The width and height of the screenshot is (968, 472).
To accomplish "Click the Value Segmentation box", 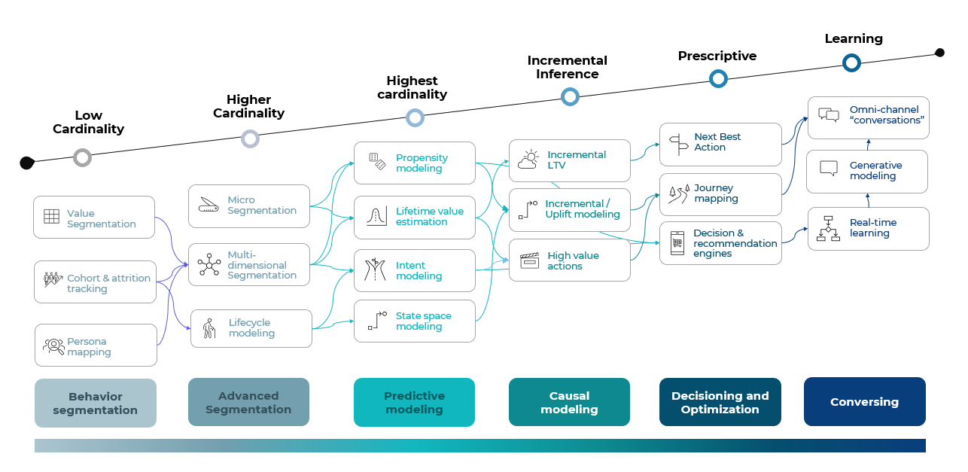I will click(94, 218).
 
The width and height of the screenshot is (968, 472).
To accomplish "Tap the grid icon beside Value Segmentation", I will click(51, 217).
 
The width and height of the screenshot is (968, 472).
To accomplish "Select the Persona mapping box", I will click(96, 346).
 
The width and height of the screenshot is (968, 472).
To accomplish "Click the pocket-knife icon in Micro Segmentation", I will click(209, 205).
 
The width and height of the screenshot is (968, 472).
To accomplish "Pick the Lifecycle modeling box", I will click(251, 328).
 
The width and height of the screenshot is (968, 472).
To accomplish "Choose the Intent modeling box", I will click(414, 270).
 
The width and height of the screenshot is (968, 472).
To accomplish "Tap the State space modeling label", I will click(423, 321).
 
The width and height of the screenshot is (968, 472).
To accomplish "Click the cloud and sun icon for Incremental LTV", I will click(528, 160).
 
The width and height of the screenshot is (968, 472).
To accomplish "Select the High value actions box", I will click(569, 260).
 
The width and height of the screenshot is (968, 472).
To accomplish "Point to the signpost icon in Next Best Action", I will click(678, 143).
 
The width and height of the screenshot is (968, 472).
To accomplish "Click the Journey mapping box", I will click(720, 194).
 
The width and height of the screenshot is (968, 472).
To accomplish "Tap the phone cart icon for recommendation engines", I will click(677, 242).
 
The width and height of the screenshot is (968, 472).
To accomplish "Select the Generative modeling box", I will click(866, 171).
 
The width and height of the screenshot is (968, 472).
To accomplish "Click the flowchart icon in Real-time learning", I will click(828, 228).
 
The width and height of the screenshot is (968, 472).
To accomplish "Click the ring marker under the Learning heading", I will click(851, 62).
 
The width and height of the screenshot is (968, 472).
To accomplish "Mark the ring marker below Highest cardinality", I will click(415, 117).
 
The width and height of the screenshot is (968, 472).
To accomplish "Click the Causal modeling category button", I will click(569, 402).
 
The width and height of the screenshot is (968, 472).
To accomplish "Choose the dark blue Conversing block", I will click(864, 401).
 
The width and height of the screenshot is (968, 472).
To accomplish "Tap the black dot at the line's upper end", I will click(939, 52).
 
